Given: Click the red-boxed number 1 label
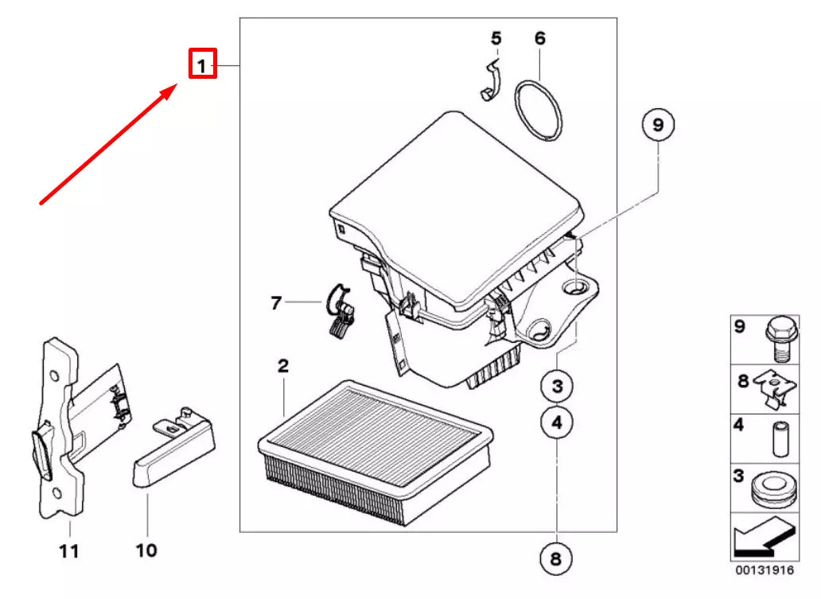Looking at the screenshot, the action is [x=203, y=64].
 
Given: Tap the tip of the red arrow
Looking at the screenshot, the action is [x=177, y=87].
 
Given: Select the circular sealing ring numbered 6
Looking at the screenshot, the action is [x=538, y=111].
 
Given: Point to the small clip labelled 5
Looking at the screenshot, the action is [x=491, y=80].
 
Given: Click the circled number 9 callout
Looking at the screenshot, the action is [x=658, y=125].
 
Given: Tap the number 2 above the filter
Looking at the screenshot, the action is [x=283, y=365].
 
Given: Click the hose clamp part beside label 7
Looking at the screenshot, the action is [x=340, y=310].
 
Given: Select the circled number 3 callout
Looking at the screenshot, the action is [x=557, y=386].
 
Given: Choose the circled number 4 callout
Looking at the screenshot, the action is [x=557, y=422].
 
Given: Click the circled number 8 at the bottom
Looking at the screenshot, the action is [x=556, y=558].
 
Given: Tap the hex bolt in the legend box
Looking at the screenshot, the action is [x=781, y=339].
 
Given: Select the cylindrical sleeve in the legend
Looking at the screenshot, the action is [x=780, y=438].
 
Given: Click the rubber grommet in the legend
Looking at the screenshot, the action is [x=772, y=491].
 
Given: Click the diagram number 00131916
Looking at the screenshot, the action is [x=765, y=570].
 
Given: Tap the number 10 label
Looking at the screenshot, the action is [x=146, y=550].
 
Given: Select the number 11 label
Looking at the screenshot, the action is [x=68, y=550].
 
